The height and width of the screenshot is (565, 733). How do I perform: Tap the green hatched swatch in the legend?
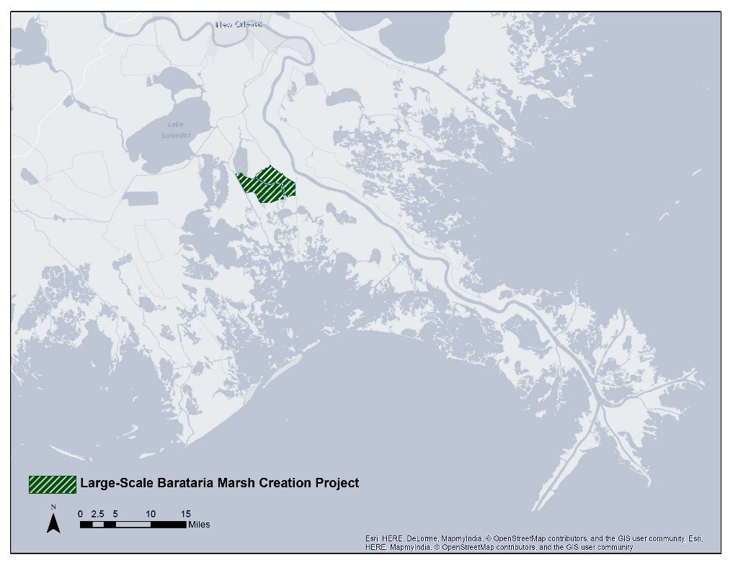(x=53, y=484)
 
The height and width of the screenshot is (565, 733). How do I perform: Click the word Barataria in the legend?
(x=185, y=484)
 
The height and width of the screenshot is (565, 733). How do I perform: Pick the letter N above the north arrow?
(x=53, y=507)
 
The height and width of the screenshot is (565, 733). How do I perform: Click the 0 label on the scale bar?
(x=81, y=514)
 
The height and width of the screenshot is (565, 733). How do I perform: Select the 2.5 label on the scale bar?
(x=98, y=514)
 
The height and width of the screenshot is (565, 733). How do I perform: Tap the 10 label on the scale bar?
(x=151, y=514)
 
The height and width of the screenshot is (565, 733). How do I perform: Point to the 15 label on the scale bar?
(x=185, y=514)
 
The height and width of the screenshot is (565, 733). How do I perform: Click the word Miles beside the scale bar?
(x=199, y=525)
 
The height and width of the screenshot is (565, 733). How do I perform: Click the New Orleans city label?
(x=239, y=24)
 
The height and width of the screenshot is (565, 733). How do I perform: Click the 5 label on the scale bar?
(x=116, y=514)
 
